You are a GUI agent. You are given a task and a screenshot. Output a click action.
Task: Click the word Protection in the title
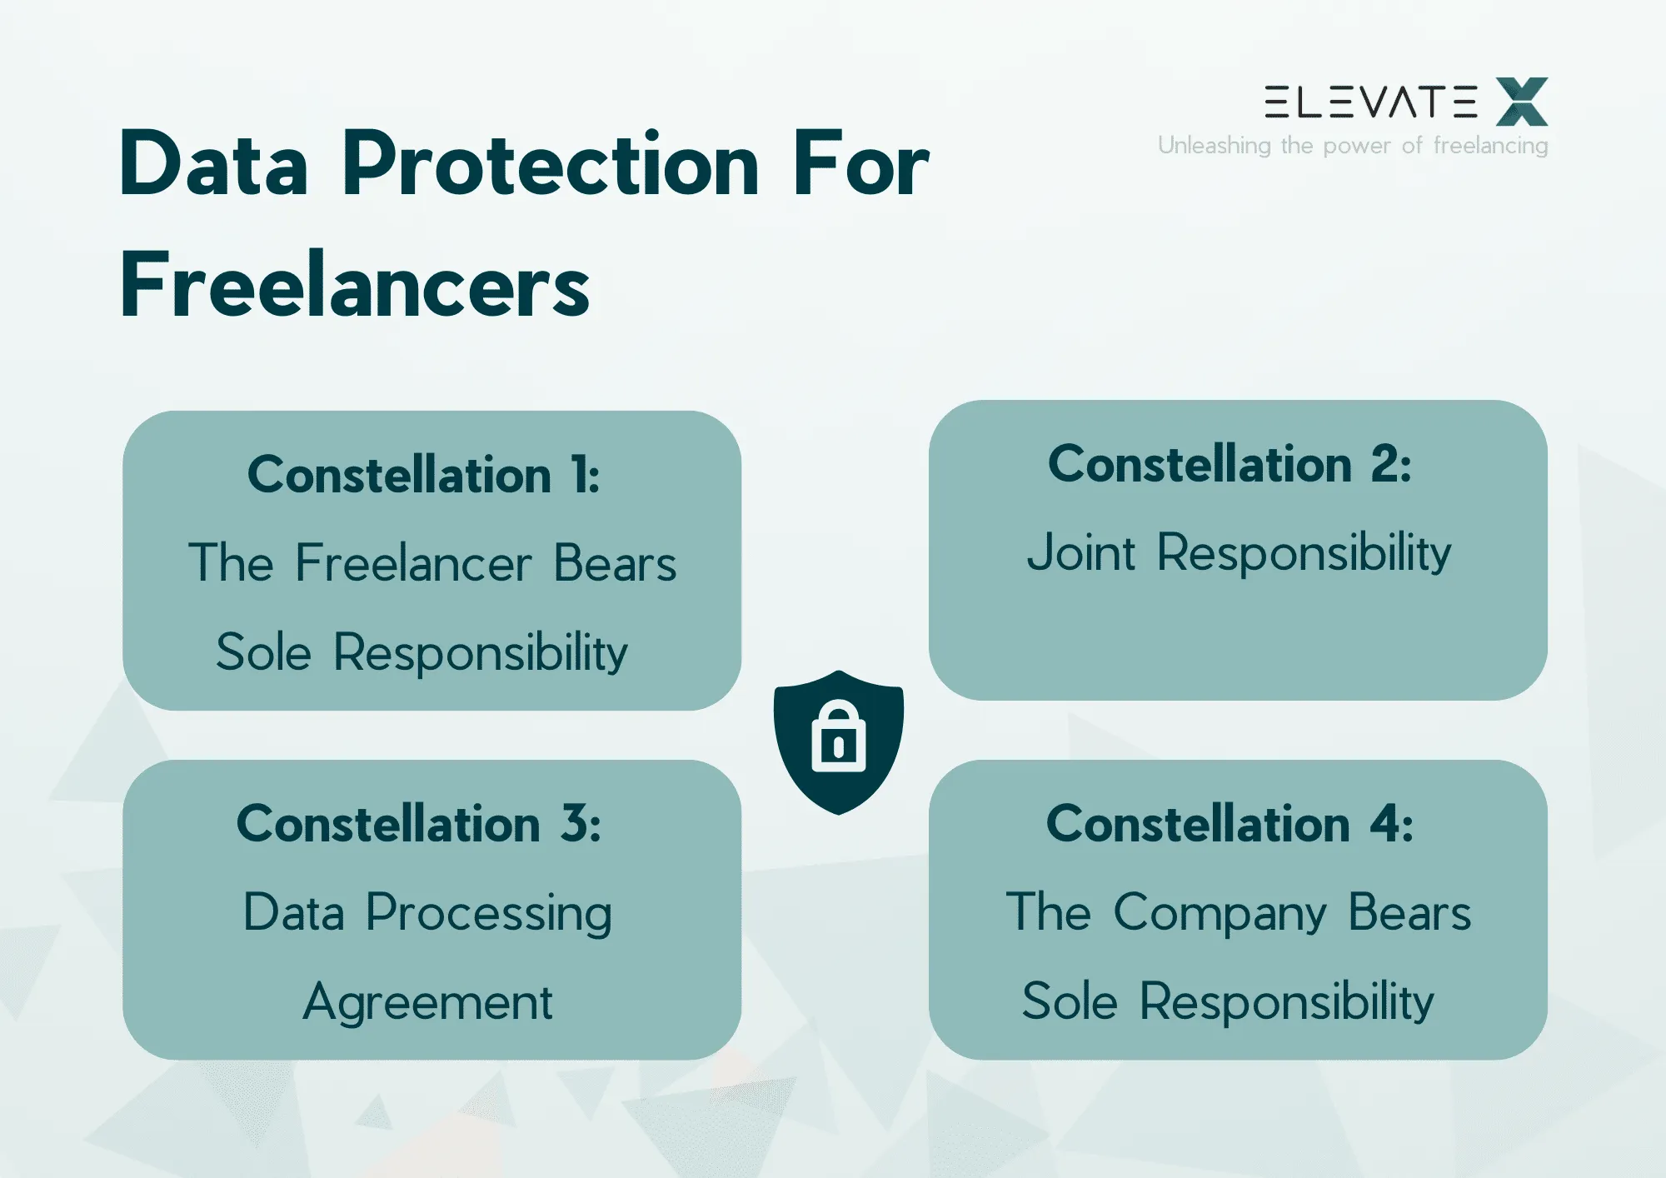551,164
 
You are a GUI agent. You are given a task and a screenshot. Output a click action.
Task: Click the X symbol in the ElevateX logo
1522,102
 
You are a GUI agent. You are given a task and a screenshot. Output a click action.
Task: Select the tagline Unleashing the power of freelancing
1353,146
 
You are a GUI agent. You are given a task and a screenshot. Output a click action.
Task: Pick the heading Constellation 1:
424,475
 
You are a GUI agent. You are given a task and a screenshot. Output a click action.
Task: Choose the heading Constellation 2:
1230,464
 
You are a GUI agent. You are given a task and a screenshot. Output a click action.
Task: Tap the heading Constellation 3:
419,824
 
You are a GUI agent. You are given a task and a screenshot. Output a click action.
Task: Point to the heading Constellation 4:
1230,824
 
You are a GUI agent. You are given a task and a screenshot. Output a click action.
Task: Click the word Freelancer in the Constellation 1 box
413,563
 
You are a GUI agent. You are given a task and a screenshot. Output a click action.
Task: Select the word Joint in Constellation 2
1080,552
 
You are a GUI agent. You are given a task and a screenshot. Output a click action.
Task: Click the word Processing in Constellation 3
489,914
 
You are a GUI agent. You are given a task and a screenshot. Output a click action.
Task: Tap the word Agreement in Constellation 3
427,1002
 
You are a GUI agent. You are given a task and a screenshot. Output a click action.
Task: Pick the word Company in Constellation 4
1220,914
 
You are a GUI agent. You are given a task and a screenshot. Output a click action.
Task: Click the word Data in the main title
214,164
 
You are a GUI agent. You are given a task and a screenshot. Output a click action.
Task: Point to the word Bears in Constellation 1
615,563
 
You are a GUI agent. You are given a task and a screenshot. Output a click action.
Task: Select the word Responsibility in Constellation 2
1304,553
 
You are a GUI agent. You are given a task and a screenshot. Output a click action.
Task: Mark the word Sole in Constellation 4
1070,1001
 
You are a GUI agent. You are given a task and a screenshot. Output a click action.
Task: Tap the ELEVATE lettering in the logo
1370,102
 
